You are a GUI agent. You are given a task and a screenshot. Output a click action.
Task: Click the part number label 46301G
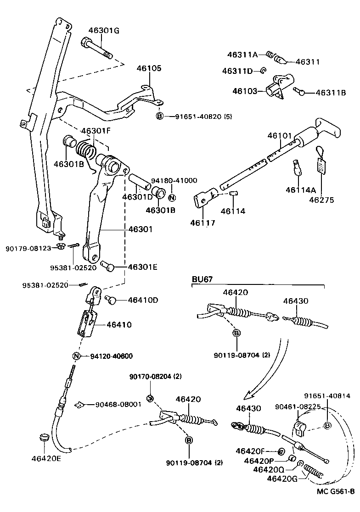pyautogui.click(x=104, y=31)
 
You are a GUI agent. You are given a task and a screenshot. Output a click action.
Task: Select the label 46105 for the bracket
pyautogui.click(x=149, y=68)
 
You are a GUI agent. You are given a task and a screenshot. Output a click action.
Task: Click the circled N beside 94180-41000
pyautogui.click(x=172, y=198)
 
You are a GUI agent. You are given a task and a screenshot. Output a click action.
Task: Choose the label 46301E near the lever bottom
pyautogui.click(x=142, y=267)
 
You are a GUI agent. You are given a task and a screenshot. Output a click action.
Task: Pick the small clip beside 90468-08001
pyautogui.click(x=79, y=404)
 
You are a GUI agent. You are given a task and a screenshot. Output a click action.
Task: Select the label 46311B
pyautogui.click(x=331, y=93)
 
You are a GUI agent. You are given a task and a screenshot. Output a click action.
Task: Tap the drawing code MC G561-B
pyautogui.click(x=335, y=504)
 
